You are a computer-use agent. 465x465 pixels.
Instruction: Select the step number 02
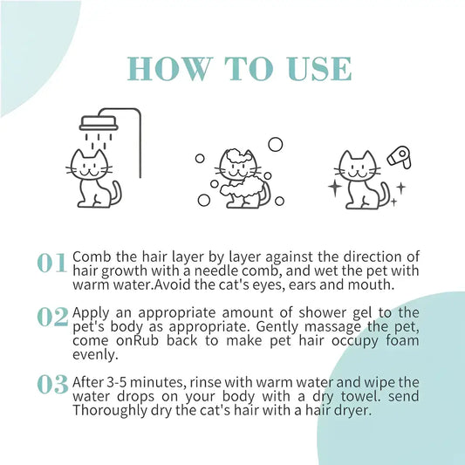point(52,318)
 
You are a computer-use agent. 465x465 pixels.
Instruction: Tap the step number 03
point(52,385)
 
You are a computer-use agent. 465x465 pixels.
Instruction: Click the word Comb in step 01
point(92,256)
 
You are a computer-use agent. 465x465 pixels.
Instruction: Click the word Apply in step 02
point(92,311)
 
